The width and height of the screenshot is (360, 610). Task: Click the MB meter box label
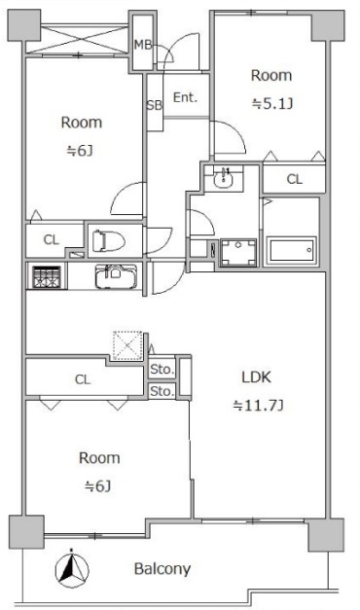click(x=143, y=45)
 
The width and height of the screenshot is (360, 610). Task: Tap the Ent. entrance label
click(x=185, y=97)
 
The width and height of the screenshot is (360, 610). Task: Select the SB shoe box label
click(x=154, y=105)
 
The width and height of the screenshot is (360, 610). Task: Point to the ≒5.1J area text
click(x=272, y=104)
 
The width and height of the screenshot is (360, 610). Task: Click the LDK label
click(x=257, y=377)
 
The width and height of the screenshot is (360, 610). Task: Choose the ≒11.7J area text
click(x=258, y=406)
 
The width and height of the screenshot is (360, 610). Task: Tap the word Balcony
click(x=162, y=569)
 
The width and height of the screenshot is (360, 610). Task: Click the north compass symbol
click(x=72, y=568)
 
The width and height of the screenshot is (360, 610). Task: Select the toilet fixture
click(x=108, y=241)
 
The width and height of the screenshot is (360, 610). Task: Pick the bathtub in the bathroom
click(x=292, y=250)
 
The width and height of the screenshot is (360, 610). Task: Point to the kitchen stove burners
click(x=47, y=277)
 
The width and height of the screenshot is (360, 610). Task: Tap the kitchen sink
click(x=116, y=276)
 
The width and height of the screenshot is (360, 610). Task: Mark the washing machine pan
click(x=238, y=253)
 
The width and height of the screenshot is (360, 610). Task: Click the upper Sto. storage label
click(x=162, y=369)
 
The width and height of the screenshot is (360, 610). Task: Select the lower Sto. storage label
click(x=162, y=391)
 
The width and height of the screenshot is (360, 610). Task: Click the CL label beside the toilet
click(x=52, y=239)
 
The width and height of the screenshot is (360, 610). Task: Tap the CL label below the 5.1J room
click(x=294, y=179)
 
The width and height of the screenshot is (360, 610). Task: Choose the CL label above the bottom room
click(x=83, y=379)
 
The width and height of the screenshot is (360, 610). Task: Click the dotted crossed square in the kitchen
click(x=127, y=345)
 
